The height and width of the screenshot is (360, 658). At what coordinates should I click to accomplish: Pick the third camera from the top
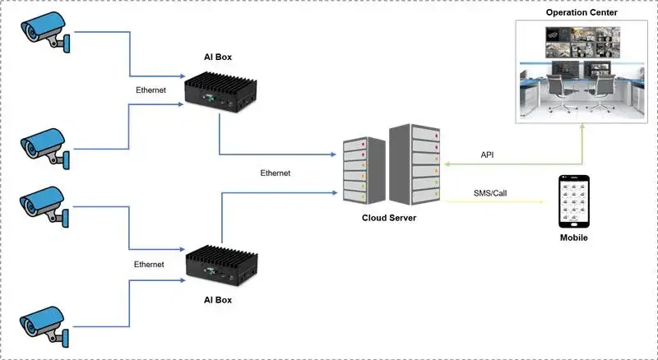45,205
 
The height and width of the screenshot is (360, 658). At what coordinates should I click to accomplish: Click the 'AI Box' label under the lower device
218,301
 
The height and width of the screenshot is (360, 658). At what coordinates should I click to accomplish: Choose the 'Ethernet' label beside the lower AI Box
149,264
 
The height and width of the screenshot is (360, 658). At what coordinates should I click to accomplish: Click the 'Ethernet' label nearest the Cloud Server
275,173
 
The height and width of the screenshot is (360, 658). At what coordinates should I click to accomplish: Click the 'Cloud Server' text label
391,219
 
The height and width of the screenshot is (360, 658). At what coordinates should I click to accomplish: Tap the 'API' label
488,155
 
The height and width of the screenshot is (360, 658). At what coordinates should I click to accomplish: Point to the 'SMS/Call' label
491,192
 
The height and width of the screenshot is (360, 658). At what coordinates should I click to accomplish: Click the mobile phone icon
574,202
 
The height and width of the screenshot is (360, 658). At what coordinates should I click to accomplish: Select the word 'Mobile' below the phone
574,238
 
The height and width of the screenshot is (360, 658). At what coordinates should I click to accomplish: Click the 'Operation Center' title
581,13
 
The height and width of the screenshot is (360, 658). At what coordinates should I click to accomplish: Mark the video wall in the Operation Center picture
581,41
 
